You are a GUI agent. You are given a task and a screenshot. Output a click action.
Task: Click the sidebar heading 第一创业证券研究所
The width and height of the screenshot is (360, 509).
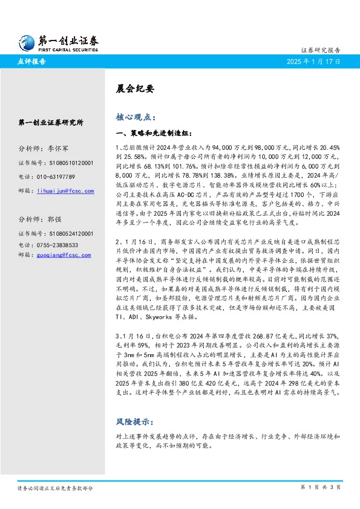click(50, 122)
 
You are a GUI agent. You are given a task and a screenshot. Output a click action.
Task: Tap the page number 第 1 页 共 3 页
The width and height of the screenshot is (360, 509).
click(321, 487)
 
